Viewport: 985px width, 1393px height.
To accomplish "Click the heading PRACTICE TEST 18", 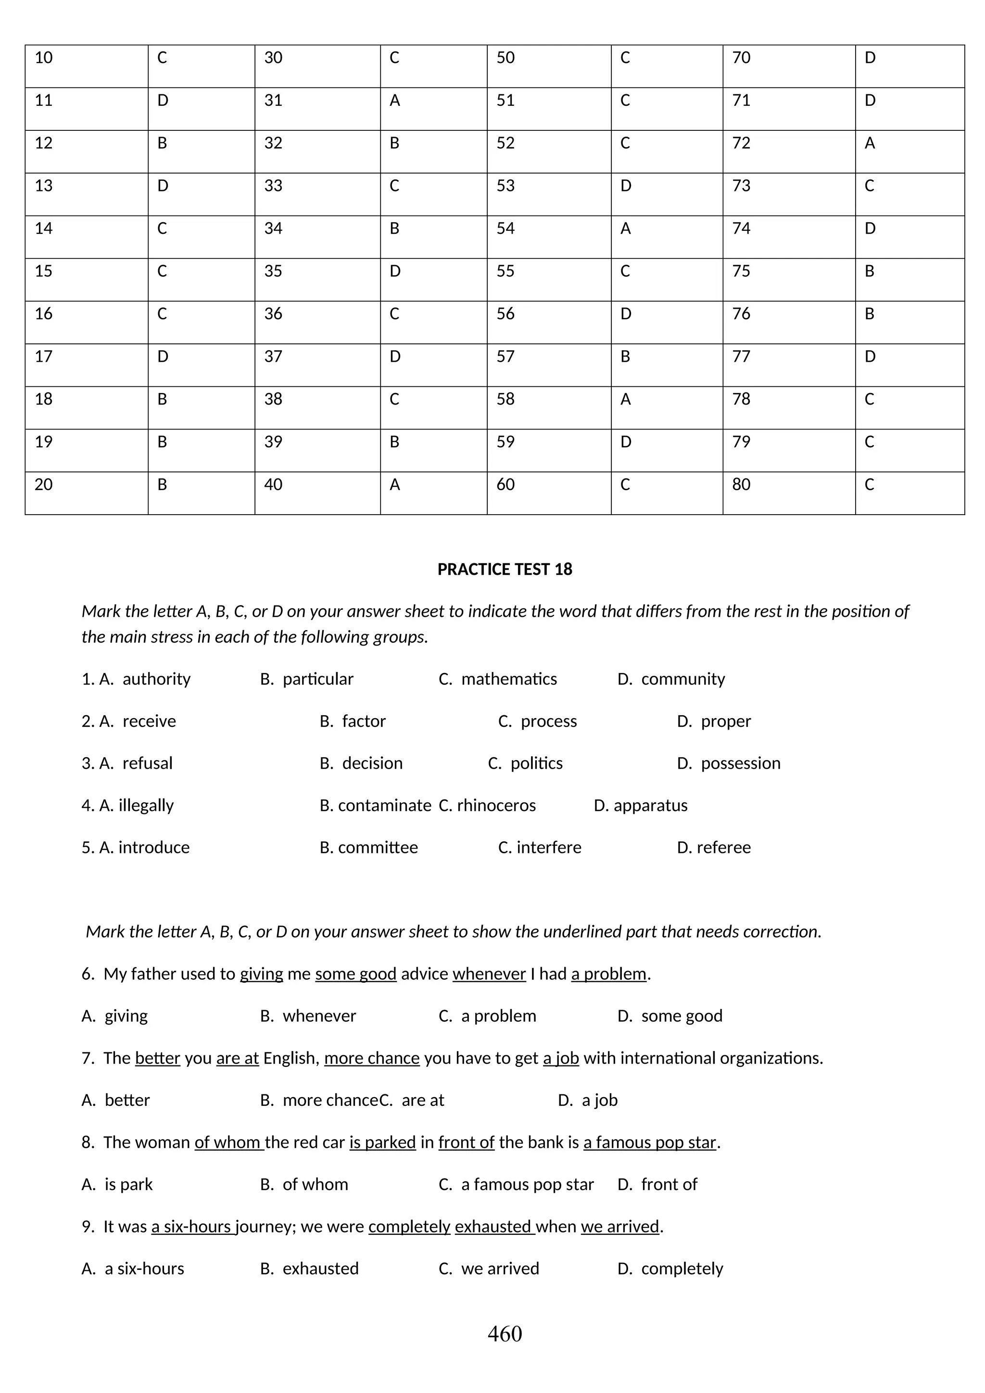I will click(x=505, y=569).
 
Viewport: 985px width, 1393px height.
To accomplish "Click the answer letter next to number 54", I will click(x=625, y=229).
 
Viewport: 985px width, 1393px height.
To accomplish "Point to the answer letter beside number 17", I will click(x=163, y=357).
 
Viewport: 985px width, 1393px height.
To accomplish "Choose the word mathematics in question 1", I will click(x=509, y=679).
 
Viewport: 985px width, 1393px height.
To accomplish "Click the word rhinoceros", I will click(x=496, y=805).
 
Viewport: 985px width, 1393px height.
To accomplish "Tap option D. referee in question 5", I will click(x=714, y=847).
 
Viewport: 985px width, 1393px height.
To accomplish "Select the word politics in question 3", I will click(x=536, y=763).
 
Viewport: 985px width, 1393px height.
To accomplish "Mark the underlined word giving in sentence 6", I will click(x=262, y=974).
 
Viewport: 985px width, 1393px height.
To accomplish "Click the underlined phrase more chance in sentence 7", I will click(x=372, y=1058).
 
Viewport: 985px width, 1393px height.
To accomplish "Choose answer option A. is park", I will click(x=117, y=1184).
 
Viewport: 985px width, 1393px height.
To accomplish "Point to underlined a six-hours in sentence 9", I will click(x=192, y=1227).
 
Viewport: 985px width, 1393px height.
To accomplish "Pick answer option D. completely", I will click(x=670, y=1268).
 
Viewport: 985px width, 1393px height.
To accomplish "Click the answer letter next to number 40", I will click(x=395, y=485).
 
